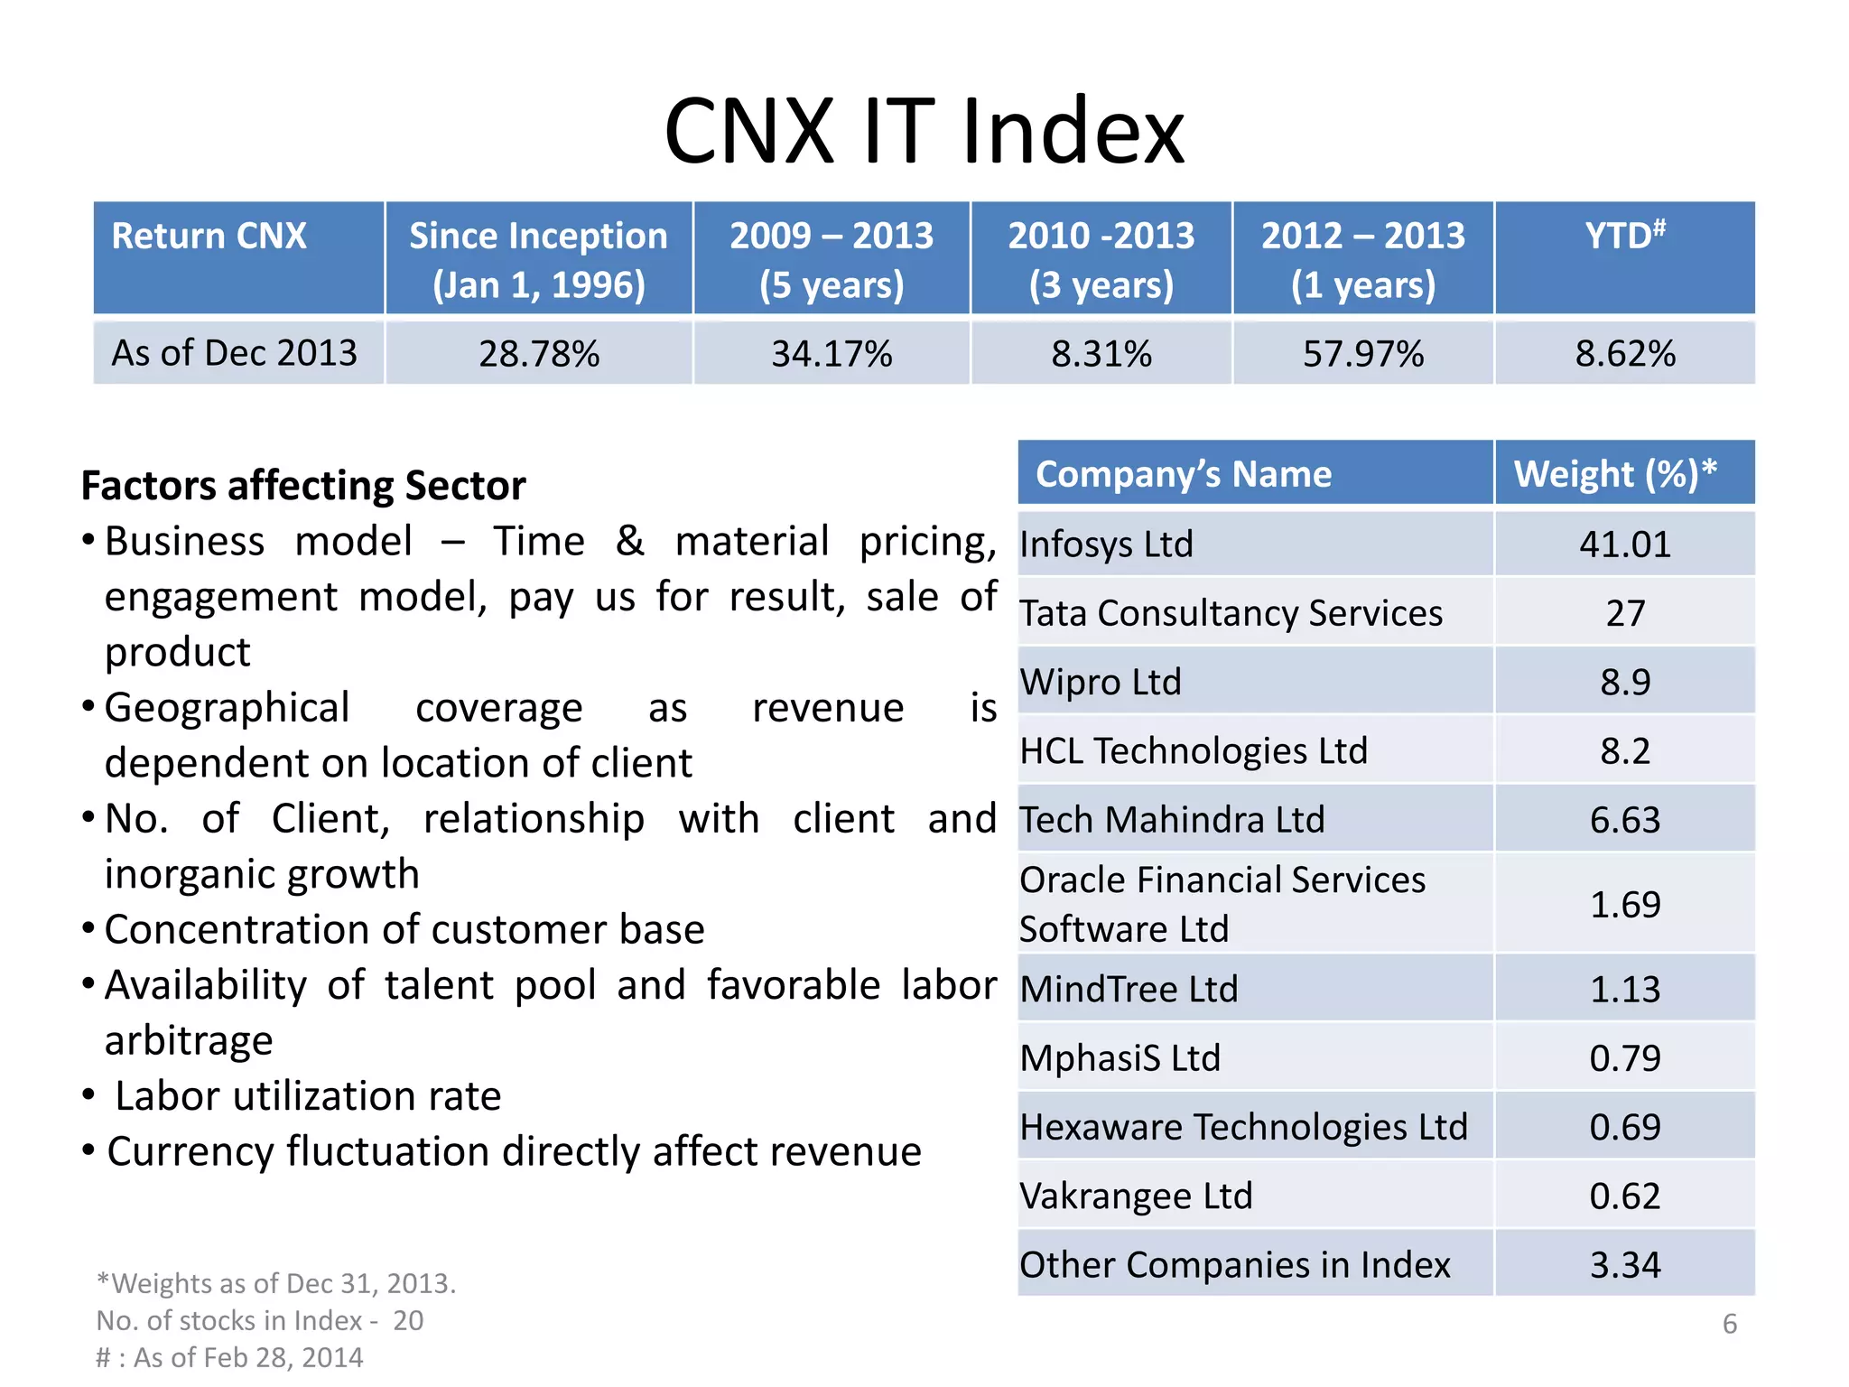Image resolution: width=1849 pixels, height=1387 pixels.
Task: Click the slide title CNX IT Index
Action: click(924, 132)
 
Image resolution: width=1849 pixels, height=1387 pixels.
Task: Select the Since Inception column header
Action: click(538, 259)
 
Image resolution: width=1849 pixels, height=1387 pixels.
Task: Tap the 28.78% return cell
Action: click(538, 353)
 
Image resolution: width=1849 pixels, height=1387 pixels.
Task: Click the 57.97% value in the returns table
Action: click(1362, 353)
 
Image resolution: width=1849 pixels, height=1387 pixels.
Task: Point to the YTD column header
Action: click(1624, 237)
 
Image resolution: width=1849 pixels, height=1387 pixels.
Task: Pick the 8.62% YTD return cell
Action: click(1624, 353)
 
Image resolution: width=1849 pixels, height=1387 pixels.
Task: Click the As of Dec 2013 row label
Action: click(234, 353)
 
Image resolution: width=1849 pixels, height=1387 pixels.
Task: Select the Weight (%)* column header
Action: click(1614, 473)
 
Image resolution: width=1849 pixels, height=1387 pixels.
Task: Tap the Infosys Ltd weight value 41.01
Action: click(1624, 545)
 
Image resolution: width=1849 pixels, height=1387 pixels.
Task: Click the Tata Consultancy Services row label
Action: click(1231, 613)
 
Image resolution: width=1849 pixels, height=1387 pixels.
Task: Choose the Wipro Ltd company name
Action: click(1100, 682)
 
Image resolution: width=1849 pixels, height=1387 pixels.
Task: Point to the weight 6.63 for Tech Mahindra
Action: click(1624, 820)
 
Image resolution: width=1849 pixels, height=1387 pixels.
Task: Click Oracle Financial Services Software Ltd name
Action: click(1222, 904)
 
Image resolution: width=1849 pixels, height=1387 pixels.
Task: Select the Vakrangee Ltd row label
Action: click(1136, 1196)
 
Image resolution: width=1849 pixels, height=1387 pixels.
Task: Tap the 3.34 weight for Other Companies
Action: click(1624, 1265)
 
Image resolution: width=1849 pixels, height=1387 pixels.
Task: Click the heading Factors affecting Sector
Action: click(303, 486)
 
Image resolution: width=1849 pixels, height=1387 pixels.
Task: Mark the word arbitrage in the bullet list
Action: click(189, 1041)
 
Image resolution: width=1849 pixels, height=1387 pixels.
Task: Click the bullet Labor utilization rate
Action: click(307, 1096)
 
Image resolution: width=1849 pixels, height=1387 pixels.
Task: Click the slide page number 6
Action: click(1729, 1324)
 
